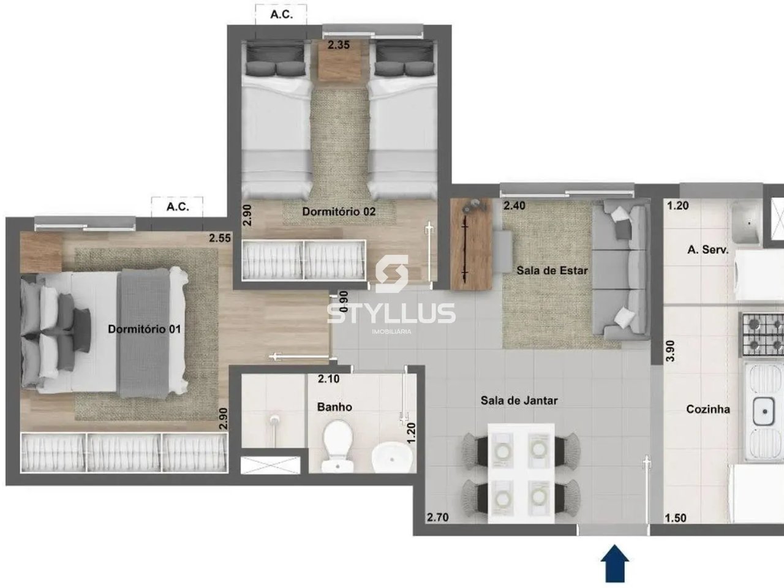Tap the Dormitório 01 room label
coord(145,329)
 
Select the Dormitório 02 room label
coord(339,211)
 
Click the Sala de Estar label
coord(552,270)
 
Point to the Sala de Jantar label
coord(519,401)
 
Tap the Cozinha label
coord(707,409)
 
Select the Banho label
coord(334,407)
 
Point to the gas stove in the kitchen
coord(763,334)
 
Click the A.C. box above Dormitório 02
coord(281,15)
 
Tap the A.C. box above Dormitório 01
coord(177,207)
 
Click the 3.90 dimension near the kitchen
coord(670,350)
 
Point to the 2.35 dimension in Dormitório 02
coord(338,45)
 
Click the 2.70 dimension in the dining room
coord(437,518)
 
